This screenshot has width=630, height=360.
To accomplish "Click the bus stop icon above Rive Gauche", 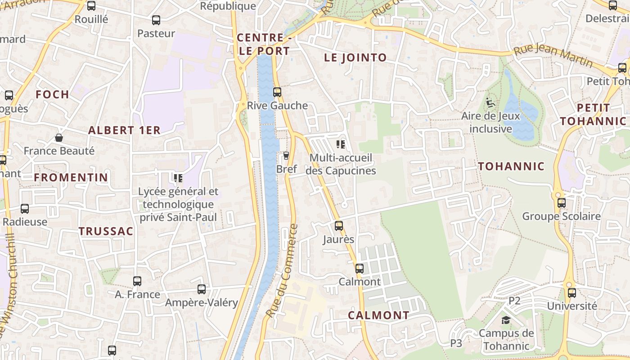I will [277, 92].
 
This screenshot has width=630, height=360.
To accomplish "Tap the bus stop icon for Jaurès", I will [339, 226].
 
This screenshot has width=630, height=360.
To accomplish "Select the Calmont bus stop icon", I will [359, 269].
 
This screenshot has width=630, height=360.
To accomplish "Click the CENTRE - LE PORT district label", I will [264, 44].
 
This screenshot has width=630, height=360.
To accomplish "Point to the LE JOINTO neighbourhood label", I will [355, 58].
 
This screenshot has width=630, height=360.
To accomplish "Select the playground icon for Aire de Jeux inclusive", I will [490, 103].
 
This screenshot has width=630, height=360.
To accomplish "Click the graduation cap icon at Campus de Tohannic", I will [506, 320].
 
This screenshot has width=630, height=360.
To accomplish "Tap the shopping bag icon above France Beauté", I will [59, 137].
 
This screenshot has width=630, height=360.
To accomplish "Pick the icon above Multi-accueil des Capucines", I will [341, 144].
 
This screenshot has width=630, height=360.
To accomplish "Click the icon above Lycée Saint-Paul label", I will [178, 178].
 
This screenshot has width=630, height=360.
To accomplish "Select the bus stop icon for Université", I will [571, 293].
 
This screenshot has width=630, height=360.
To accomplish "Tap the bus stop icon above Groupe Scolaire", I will [561, 203].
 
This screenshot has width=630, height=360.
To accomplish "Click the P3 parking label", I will [456, 343].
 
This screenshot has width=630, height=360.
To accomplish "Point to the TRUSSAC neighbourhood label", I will [106, 231].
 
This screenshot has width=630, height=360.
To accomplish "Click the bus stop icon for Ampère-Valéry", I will [202, 289].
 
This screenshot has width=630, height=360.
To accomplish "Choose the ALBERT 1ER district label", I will [124, 130].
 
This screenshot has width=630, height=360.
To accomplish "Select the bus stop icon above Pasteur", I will [156, 20].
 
